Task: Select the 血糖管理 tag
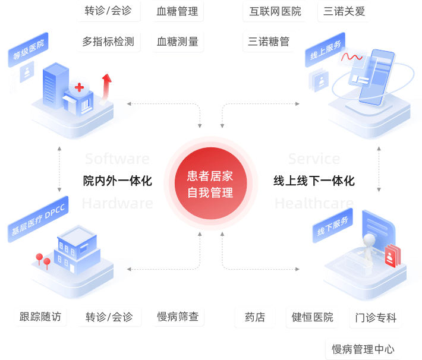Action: tap(177, 11)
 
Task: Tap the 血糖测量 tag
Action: tap(177, 42)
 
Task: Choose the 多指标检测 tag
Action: tap(108, 42)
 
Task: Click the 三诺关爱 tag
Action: tap(345, 11)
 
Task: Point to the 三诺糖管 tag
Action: tap(269, 42)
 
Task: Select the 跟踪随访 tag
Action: tap(40, 317)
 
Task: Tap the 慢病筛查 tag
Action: tap(178, 317)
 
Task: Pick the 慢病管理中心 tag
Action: tap(363, 349)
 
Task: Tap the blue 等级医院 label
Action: tap(28, 52)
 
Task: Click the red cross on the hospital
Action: tap(78, 88)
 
